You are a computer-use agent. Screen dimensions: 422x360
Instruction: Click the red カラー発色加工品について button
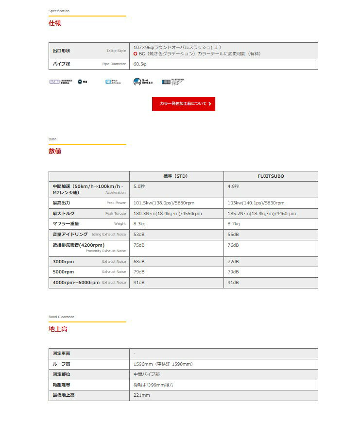[x=183, y=104]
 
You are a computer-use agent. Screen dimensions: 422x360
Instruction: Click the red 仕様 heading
[x=55, y=23]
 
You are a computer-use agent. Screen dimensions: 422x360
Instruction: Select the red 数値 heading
[x=55, y=152]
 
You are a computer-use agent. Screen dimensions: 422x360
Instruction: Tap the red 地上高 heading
[x=58, y=329]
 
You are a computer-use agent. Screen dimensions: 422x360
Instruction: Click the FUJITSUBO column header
[x=271, y=176]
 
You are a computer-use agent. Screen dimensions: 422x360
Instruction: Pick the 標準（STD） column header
[x=176, y=176]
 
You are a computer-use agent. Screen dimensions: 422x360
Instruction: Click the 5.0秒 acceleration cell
[x=139, y=186]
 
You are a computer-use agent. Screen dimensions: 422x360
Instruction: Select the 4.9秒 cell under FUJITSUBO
[x=233, y=186]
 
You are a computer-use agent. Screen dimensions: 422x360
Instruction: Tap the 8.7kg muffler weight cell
[x=234, y=224]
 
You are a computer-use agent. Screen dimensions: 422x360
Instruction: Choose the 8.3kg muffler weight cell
[x=140, y=224]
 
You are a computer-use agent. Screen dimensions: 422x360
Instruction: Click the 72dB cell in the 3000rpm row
[x=233, y=262]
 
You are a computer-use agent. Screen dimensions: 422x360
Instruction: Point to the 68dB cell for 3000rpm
[x=139, y=262]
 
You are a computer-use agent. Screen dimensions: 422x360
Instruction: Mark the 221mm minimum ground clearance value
[x=141, y=396]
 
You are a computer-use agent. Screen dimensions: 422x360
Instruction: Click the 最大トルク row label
[x=64, y=214]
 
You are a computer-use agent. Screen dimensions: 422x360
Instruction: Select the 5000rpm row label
[x=63, y=272]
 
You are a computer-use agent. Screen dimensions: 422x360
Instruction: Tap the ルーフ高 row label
[x=62, y=364]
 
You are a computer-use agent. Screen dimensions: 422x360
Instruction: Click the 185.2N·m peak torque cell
[x=261, y=214]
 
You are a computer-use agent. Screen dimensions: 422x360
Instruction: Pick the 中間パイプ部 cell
[x=146, y=374]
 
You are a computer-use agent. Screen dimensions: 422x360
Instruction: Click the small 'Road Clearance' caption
[x=61, y=317]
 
